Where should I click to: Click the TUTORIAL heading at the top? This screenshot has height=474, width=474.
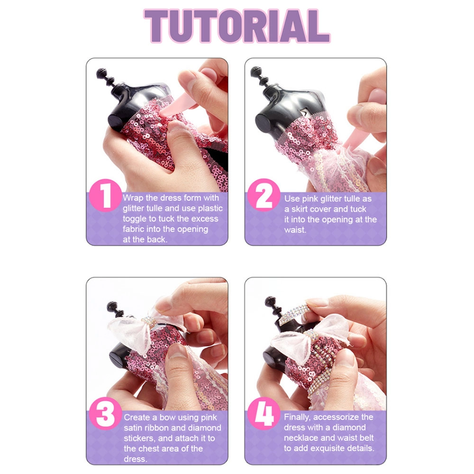pos(237,26)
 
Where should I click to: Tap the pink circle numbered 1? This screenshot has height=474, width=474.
pos(105,195)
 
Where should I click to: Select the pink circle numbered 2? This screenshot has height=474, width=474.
pos(264,195)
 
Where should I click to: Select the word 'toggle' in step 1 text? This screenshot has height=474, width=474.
pos(136,219)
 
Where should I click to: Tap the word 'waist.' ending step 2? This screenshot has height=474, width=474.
pos(295,230)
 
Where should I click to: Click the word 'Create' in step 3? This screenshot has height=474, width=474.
pos(137,418)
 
